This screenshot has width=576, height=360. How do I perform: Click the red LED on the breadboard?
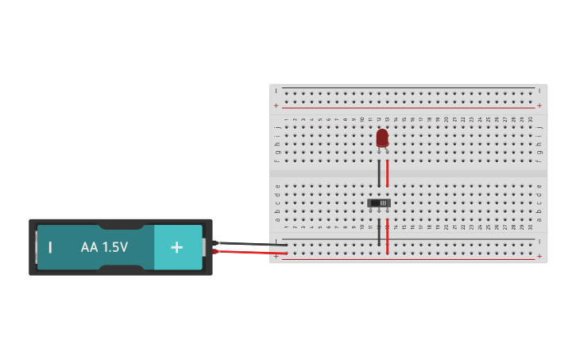coord(382,137)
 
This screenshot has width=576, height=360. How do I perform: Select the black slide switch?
coord(380,203)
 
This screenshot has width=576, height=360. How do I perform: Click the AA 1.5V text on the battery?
coord(104,247)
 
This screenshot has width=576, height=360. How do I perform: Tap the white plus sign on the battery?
coord(176,247)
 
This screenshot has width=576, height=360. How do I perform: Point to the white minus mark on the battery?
coord(50,247)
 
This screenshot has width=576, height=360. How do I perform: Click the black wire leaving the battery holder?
coord(246,243)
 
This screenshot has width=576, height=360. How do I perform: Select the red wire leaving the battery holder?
coord(246,253)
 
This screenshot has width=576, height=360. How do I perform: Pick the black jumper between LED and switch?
coord(379,173)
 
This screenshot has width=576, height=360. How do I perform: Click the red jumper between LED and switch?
coord(388,173)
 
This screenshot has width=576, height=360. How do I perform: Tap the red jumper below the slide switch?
coord(388,237)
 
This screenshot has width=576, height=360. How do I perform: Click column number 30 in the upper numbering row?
coord(530,119)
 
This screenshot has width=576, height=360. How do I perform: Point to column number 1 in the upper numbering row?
coord(286,119)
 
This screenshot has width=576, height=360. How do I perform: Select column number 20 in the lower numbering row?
coord(446,227)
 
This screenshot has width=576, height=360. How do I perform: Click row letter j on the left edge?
coord(277,126)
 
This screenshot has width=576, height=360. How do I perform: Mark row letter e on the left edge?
coord(277,186)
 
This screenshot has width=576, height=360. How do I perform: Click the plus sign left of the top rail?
coord(276,105)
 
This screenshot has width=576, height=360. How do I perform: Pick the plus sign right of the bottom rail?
coord(539,257)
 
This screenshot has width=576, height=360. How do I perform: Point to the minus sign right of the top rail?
coord(539,91)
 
